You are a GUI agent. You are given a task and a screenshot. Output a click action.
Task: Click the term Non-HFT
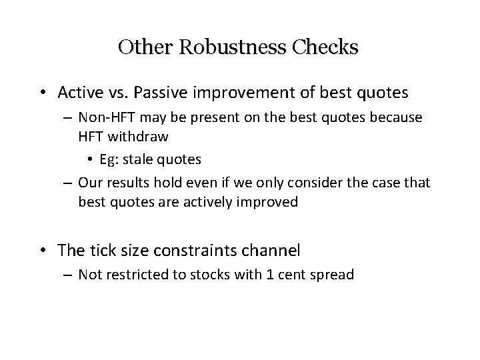(101, 118)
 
